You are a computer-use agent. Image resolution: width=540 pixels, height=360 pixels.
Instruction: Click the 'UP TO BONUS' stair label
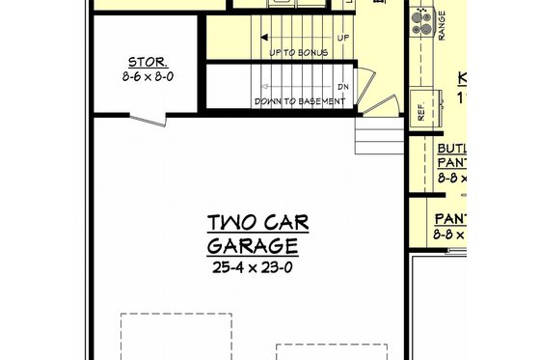tap(298, 52)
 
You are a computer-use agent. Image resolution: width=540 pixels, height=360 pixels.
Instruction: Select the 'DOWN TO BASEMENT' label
tap(299, 100)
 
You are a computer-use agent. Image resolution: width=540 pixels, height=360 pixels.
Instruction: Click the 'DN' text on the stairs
tap(343, 86)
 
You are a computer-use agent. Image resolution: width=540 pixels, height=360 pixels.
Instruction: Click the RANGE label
tap(442, 27)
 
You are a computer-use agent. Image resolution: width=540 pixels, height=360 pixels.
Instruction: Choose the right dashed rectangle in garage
tap(331, 351)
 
